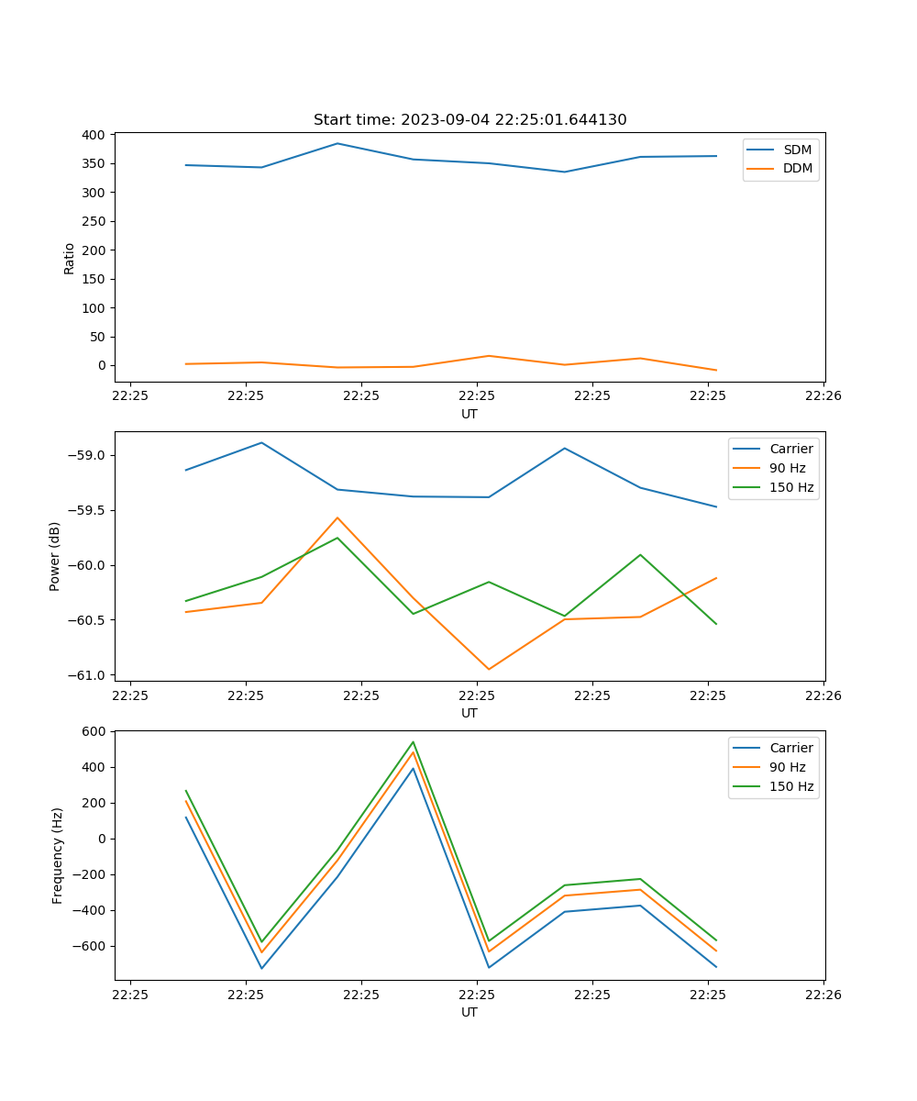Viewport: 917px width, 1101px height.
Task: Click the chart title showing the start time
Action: click(x=470, y=120)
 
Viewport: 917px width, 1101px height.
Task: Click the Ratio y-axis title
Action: click(x=70, y=258)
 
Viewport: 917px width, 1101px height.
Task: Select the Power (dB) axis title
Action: click(x=55, y=556)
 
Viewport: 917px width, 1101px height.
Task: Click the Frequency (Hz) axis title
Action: click(x=57, y=855)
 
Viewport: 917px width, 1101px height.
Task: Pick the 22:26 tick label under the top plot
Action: click(x=823, y=396)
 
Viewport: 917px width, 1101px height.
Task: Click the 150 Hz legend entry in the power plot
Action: click(x=790, y=487)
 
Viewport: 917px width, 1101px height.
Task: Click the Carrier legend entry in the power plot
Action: click(x=790, y=449)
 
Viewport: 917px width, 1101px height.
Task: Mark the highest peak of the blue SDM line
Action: click(x=337, y=143)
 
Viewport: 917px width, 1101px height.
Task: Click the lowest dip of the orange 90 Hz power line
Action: click(x=489, y=669)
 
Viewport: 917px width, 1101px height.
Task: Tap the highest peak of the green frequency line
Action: click(x=413, y=742)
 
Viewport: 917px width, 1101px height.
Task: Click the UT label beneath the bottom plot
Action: click(x=470, y=1012)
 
